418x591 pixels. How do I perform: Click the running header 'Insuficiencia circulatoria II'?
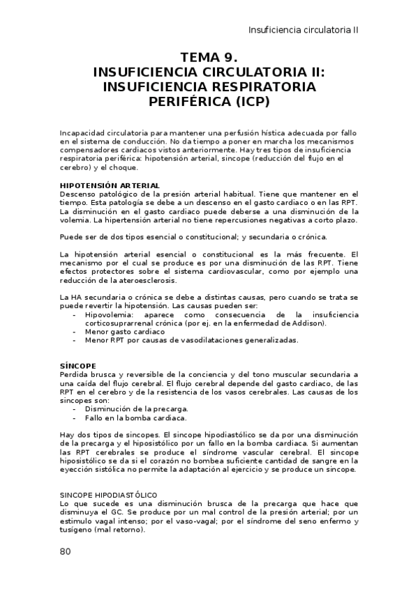coord(304,31)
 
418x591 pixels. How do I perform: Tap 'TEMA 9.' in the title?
coord(209,58)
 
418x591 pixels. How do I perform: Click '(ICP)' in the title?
coord(252,101)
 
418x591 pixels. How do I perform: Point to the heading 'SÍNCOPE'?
coord(77,365)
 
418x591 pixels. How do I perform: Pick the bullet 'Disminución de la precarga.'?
coord(136,409)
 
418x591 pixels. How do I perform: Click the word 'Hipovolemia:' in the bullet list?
coord(110,315)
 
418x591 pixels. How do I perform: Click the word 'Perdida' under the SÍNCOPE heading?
coord(75,374)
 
